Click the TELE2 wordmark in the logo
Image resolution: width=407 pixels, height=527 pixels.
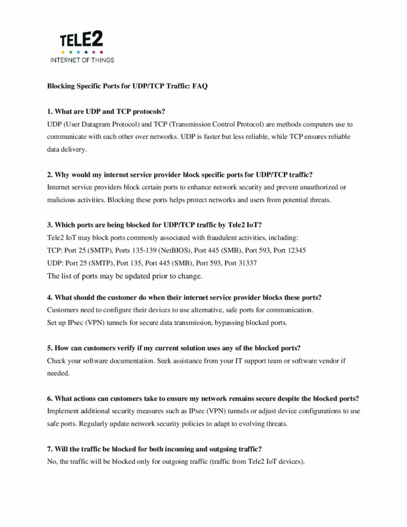click(x=82, y=40)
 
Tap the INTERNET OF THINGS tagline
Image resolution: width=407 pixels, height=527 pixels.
click(x=82, y=60)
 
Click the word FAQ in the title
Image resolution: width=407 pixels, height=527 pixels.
click(x=200, y=86)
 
